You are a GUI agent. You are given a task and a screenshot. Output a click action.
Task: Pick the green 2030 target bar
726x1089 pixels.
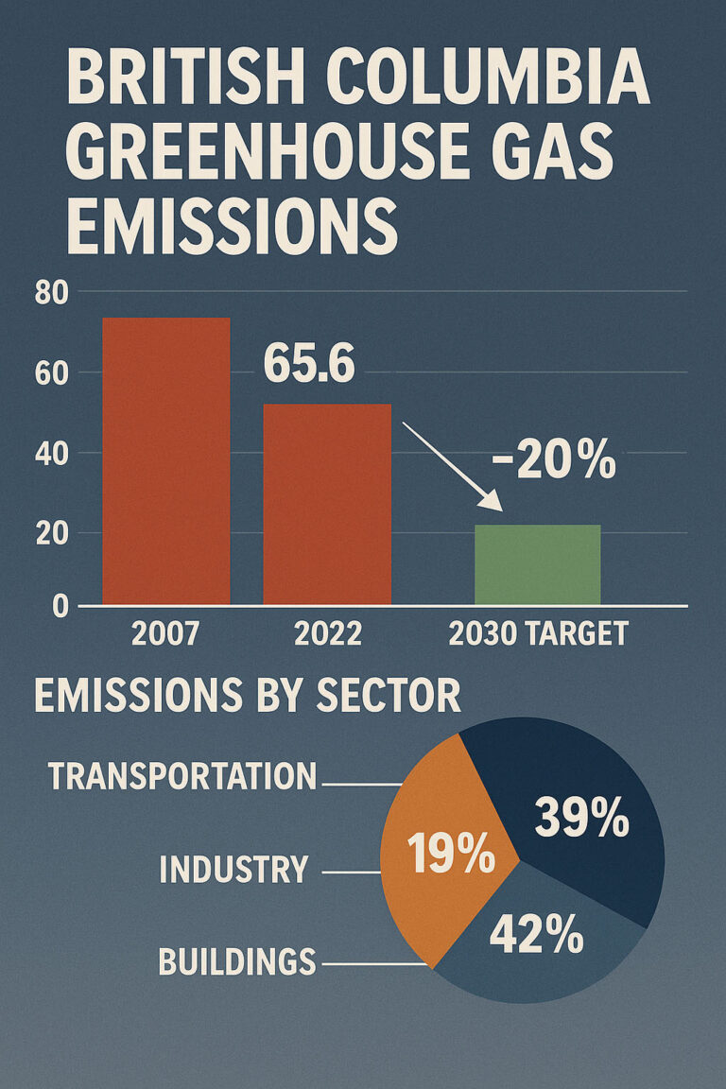click(x=537, y=564)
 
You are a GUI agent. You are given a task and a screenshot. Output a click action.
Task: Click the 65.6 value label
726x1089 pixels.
click(x=308, y=365)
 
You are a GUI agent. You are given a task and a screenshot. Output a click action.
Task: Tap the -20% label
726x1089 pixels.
click(x=554, y=463)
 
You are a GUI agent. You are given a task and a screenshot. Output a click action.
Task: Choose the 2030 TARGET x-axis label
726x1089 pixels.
click(x=538, y=633)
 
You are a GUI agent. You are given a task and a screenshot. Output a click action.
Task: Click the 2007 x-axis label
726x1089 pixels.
click(x=165, y=633)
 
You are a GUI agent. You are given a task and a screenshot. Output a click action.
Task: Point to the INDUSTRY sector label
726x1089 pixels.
click(x=233, y=870)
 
